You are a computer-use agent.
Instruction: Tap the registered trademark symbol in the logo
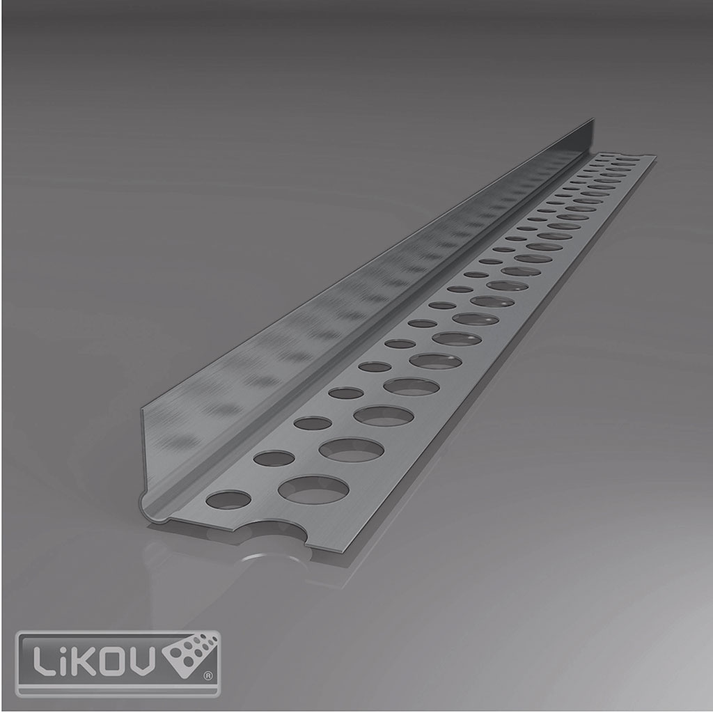pos(206,675)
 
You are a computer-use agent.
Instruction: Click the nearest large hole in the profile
pos(313,489)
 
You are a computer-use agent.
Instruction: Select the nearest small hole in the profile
pos(229,499)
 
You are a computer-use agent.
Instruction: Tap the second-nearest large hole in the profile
pos(351,449)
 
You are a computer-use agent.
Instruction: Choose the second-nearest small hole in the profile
pos(274,458)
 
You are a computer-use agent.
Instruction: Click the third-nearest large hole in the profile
pos(383,416)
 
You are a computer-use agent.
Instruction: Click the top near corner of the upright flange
pos(142,409)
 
